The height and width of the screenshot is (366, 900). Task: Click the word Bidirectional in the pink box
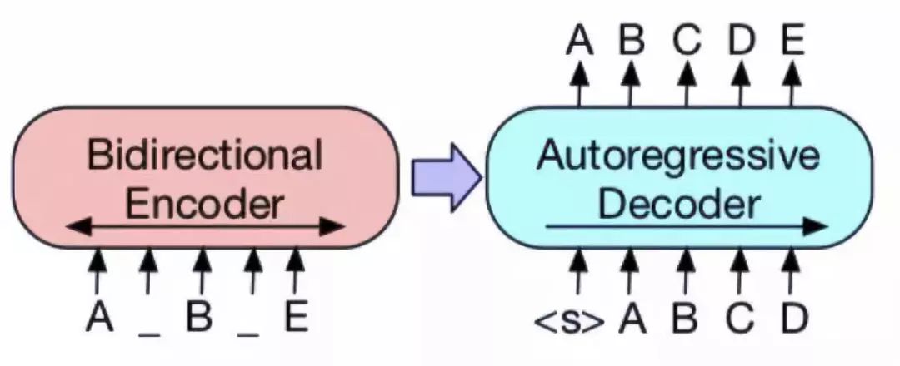coord(205,156)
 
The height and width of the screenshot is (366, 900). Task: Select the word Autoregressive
coord(679,156)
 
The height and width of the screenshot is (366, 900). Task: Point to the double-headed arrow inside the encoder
coord(205,225)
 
